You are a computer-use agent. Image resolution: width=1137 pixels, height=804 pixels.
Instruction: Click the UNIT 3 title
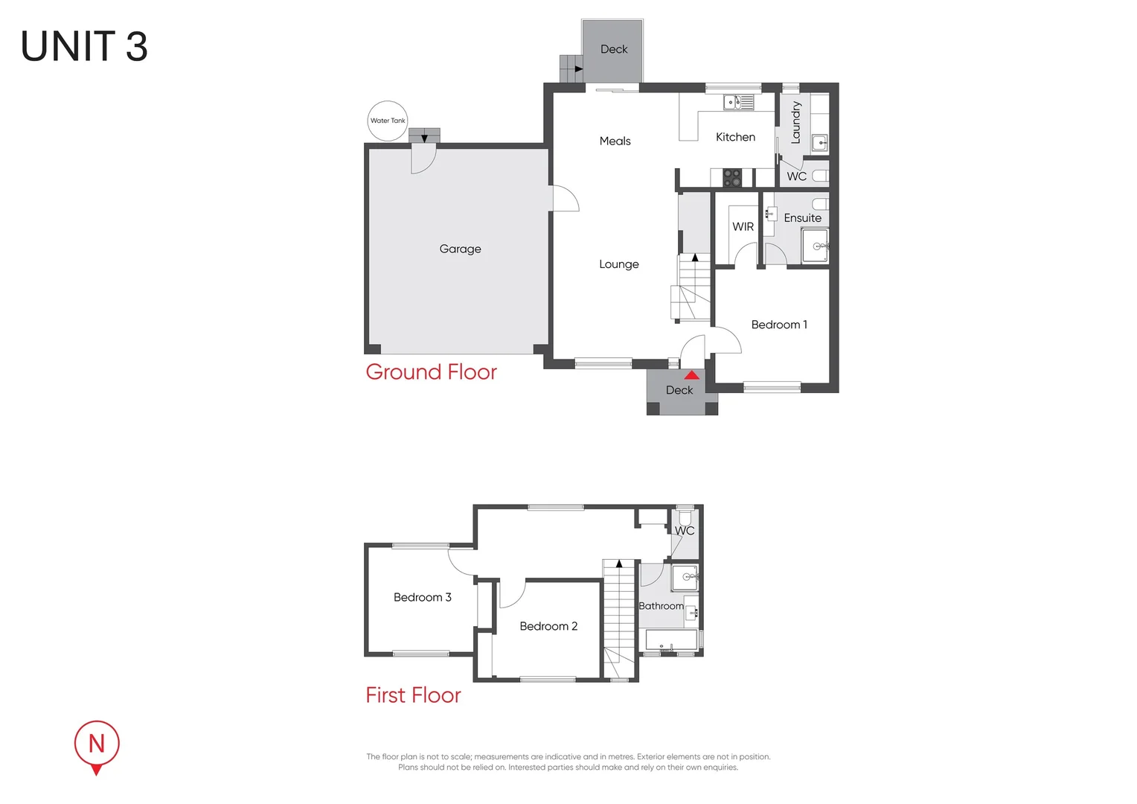[84, 47]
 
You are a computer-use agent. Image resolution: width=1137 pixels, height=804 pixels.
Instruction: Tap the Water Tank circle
[388, 121]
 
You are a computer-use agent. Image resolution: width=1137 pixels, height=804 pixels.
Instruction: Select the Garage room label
[460, 249]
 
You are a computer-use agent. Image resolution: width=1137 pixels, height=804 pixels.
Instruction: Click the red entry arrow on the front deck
[692, 375]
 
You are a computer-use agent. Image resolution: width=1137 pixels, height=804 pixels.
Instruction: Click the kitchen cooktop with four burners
[732, 178]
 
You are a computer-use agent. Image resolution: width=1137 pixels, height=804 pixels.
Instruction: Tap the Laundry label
[795, 122]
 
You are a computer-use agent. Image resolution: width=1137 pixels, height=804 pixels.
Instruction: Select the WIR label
[743, 227]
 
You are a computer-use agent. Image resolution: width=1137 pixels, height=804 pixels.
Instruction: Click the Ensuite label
[802, 218]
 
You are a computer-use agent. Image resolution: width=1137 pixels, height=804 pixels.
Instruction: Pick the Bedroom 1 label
[778, 325]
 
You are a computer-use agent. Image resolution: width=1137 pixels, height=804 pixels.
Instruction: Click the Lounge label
[618, 264]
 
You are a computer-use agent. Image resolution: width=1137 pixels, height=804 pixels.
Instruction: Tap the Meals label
[615, 141]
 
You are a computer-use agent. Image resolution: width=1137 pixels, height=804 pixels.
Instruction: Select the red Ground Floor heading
[431, 372]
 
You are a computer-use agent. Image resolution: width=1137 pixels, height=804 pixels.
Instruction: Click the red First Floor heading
[413, 695]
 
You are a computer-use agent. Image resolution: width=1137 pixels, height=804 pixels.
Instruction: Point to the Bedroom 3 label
[422, 597]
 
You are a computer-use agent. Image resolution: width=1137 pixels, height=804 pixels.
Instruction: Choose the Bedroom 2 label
[548, 626]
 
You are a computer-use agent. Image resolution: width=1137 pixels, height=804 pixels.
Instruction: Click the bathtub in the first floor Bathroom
[670, 639]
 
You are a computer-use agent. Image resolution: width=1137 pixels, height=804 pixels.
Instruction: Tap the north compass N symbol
[96, 744]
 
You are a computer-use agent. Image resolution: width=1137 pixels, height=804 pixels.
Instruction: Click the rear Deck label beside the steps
[614, 49]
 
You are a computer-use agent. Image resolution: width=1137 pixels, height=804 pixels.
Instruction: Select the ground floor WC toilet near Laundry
[819, 176]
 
